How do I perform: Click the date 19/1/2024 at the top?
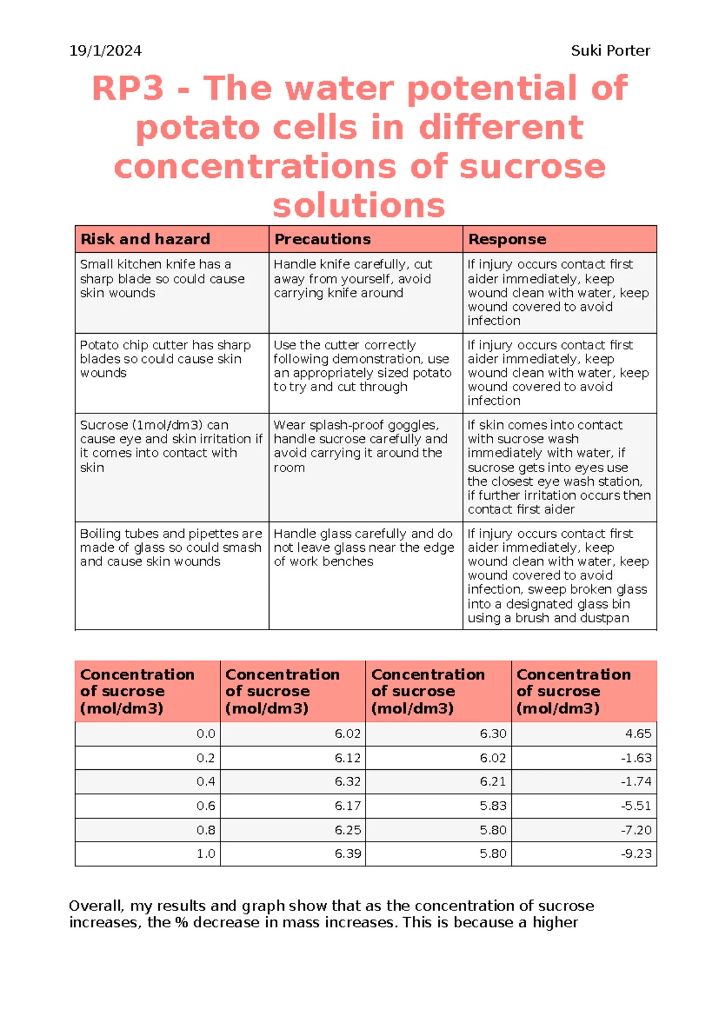click(x=105, y=51)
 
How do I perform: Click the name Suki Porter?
click(x=610, y=51)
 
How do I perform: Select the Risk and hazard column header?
click(x=145, y=239)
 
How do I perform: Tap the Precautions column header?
click(x=322, y=239)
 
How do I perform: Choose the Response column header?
click(x=507, y=239)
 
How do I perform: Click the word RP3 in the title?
click(x=128, y=89)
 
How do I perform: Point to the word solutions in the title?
click(x=359, y=205)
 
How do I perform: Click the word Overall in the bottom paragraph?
click(x=96, y=906)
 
